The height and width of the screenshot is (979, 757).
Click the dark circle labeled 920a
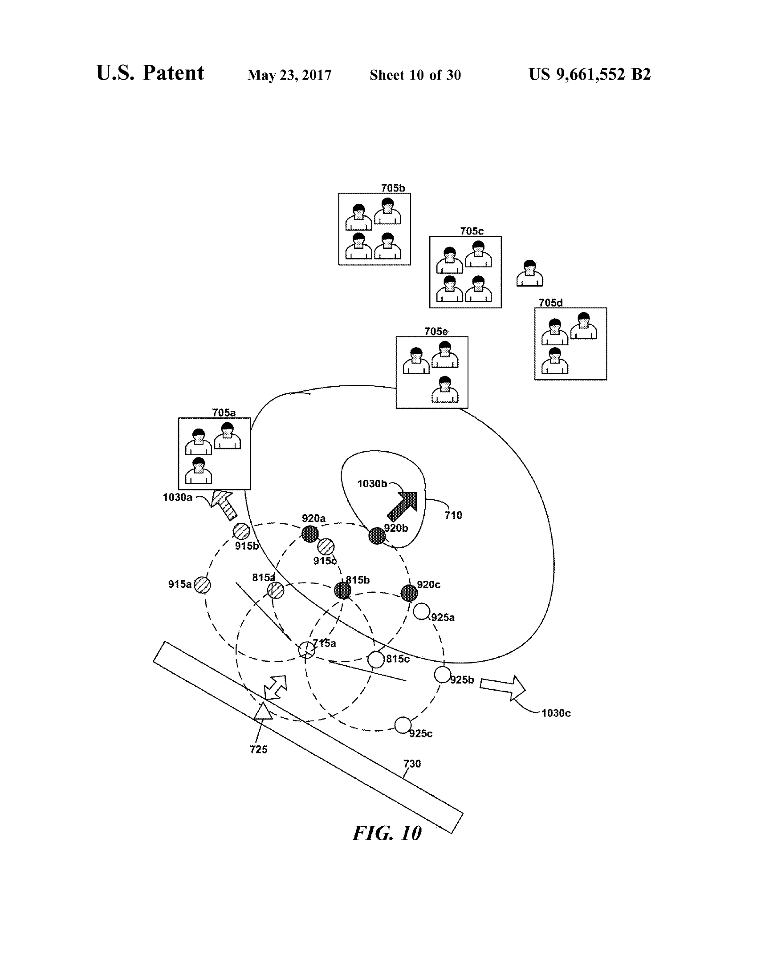310,534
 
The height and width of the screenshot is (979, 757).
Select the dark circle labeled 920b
377,536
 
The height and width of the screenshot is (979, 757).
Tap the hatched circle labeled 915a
203,585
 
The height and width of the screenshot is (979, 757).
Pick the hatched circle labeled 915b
241,531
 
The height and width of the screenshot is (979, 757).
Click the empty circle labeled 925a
422,611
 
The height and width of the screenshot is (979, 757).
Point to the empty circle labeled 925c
403,725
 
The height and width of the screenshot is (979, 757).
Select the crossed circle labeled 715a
307,650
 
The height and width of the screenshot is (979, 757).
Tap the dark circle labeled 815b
342,591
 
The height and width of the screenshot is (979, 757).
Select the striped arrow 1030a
224,504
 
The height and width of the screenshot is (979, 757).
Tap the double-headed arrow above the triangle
275,688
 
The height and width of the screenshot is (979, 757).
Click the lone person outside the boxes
529,273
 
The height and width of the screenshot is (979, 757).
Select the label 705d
550,303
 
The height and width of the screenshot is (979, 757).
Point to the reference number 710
453,515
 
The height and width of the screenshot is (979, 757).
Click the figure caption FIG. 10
387,833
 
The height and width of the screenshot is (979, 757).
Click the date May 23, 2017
289,75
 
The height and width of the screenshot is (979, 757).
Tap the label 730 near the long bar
412,763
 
